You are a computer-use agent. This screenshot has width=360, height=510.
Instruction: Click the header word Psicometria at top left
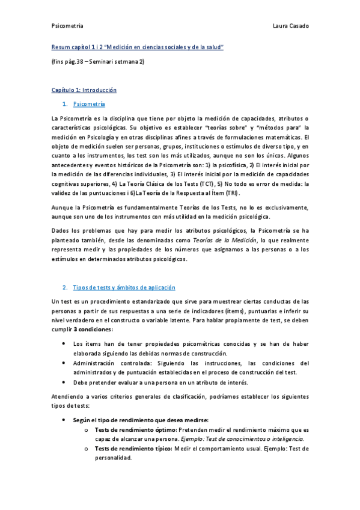pos(67,26)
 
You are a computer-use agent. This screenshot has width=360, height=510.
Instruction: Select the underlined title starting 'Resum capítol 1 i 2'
pos(138,46)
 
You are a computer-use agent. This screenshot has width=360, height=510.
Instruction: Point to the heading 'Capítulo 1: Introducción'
pos(84,90)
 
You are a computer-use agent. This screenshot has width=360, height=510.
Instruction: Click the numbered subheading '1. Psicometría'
pos(88,104)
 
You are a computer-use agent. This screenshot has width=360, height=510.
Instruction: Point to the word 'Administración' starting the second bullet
pos(95,363)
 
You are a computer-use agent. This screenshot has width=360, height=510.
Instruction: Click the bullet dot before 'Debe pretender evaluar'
pos(64,382)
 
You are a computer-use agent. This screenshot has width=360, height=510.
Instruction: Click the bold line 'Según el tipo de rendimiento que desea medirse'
pos(140,420)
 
